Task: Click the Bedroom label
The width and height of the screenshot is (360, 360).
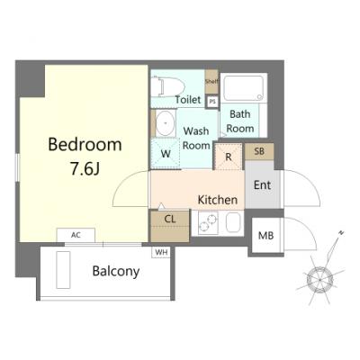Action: [85, 144]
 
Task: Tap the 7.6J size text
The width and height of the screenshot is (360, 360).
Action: [85, 169]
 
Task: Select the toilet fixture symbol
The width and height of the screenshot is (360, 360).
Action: [167, 86]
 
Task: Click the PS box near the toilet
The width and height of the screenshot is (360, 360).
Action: [212, 102]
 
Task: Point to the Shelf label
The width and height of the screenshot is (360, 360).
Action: [211, 82]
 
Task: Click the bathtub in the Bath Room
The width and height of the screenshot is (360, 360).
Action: [244, 88]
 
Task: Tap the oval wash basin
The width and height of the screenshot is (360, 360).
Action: [166, 122]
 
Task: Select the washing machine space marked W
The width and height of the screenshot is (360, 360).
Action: [166, 154]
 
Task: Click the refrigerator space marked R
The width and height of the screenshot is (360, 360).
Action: [229, 157]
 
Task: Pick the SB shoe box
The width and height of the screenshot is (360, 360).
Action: [259, 151]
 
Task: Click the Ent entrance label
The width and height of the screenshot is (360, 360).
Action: [262, 185]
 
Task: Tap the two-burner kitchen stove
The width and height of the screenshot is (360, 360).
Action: [207, 222]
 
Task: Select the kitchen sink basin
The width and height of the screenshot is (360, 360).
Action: [233, 222]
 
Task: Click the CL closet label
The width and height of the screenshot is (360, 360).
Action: [170, 219]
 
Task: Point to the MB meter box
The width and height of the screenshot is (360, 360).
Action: [266, 236]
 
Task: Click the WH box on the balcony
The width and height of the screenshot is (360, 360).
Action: [161, 252]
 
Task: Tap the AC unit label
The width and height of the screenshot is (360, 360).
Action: [76, 235]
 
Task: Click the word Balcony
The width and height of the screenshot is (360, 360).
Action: [116, 271]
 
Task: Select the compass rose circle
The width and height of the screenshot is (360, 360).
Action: [319, 280]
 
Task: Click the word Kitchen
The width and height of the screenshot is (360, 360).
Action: [218, 200]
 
